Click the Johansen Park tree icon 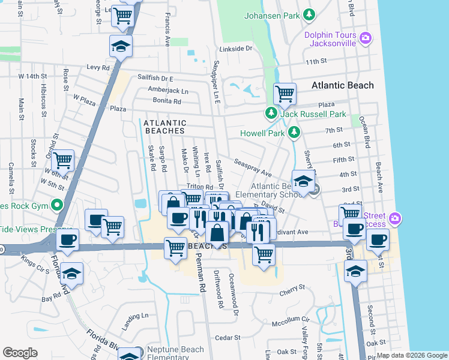[x=309, y=13]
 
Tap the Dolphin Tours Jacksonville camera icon [x=366, y=39]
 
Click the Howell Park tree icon [x=294, y=132]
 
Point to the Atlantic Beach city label [x=342, y=85]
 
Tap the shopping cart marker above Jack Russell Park [x=285, y=94]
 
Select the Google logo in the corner [x=20, y=353]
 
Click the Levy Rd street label [x=98, y=68]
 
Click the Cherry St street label [x=292, y=293]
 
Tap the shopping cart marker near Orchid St [x=63, y=161]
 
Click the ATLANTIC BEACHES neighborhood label [x=165, y=123]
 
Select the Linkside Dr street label [x=237, y=49]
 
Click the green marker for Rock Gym [x=57, y=205]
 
